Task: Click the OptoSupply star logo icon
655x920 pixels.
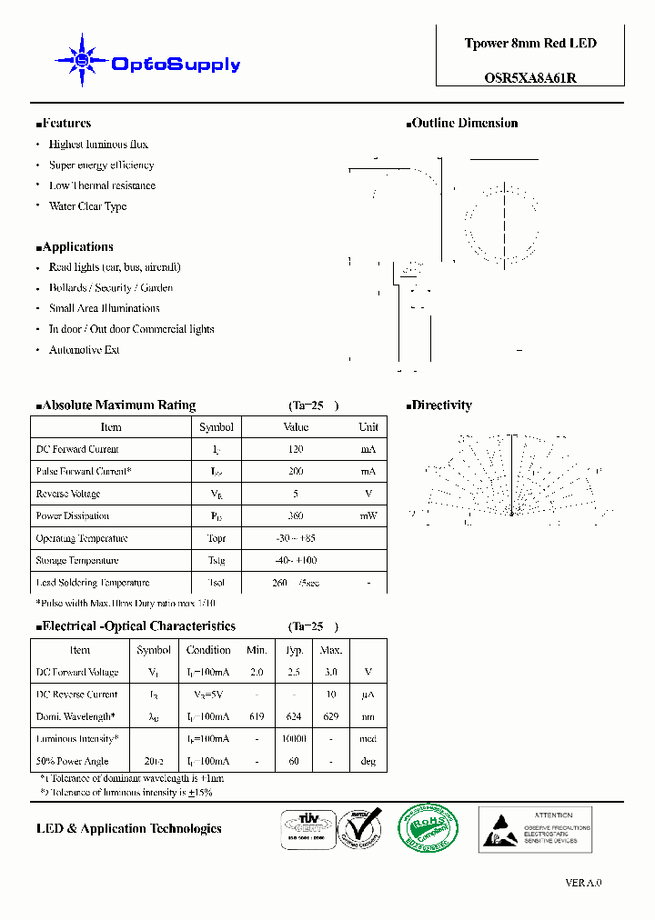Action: [x=83, y=61]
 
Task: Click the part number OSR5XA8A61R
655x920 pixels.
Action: [x=530, y=78]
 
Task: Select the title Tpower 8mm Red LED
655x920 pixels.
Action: [x=530, y=43]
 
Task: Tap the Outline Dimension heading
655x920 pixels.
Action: [x=463, y=124]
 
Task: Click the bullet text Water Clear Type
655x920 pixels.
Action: [x=87, y=206]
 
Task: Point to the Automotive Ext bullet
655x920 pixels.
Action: [x=84, y=350]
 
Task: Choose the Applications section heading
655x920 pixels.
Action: [x=76, y=247]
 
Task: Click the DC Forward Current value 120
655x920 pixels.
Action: [x=295, y=449]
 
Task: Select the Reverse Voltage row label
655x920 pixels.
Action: [x=68, y=494]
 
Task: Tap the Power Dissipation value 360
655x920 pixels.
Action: [x=295, y=516]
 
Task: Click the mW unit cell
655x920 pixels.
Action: [x=368, y=516]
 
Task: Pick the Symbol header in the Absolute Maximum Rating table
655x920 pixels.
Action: [x=216, y=427]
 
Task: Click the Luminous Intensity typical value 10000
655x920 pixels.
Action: [x=294, y=739]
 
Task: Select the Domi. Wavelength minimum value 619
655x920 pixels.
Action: [x=257, y=716]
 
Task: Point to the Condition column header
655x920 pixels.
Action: [x=208, y=650]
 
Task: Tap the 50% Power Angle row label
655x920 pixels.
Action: [x=72, y=761]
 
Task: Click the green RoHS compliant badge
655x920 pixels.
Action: [x=428, y=828]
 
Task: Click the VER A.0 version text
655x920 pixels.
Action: [x=583, y=883]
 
